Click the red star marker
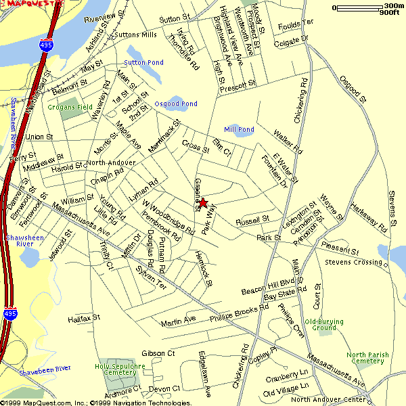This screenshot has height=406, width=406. click(202, 202)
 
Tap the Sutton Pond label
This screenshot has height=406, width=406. click(143, 62)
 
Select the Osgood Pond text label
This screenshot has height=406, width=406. click(176, 104)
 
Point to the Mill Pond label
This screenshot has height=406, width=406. click(239, 129)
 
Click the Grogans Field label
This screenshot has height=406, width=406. click(70, 107)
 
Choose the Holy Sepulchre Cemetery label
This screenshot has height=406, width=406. click(116, 369)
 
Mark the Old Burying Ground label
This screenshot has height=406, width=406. click(324, 325)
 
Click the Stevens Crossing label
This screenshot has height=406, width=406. click(354, 262)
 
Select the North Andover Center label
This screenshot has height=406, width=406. click(328, 399)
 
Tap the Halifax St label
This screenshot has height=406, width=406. click(84, 317)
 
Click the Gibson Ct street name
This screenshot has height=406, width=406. click(158, 353)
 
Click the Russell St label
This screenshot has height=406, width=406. click(252, 220)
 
